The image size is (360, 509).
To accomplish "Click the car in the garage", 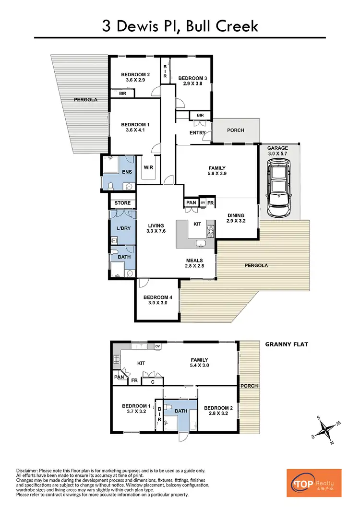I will [x=278, y=187].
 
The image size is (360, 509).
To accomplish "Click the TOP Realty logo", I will [x=314, y=483].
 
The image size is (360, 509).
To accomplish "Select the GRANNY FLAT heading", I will [x=287, y=344].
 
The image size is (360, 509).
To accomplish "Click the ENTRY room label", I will [x=198, y=133].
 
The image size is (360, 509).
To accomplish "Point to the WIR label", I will [x=149, y=167].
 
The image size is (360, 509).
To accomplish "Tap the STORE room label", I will [x=122, y=203].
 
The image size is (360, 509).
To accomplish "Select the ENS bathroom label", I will [x=127, y=171].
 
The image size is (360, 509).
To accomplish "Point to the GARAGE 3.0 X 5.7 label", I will [x=277, y=151].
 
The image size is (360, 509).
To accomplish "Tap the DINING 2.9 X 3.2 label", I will [x=236, y=218].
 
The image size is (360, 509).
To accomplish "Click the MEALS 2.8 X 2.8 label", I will [x=194, y=263].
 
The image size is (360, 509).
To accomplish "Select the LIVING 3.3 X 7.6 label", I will [x=156, y=228].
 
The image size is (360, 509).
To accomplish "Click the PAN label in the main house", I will [x=191, y=203].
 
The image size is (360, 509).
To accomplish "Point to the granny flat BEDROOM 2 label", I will [x=218, y=411].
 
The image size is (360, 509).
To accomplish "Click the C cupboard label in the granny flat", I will [x=153, y=382].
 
